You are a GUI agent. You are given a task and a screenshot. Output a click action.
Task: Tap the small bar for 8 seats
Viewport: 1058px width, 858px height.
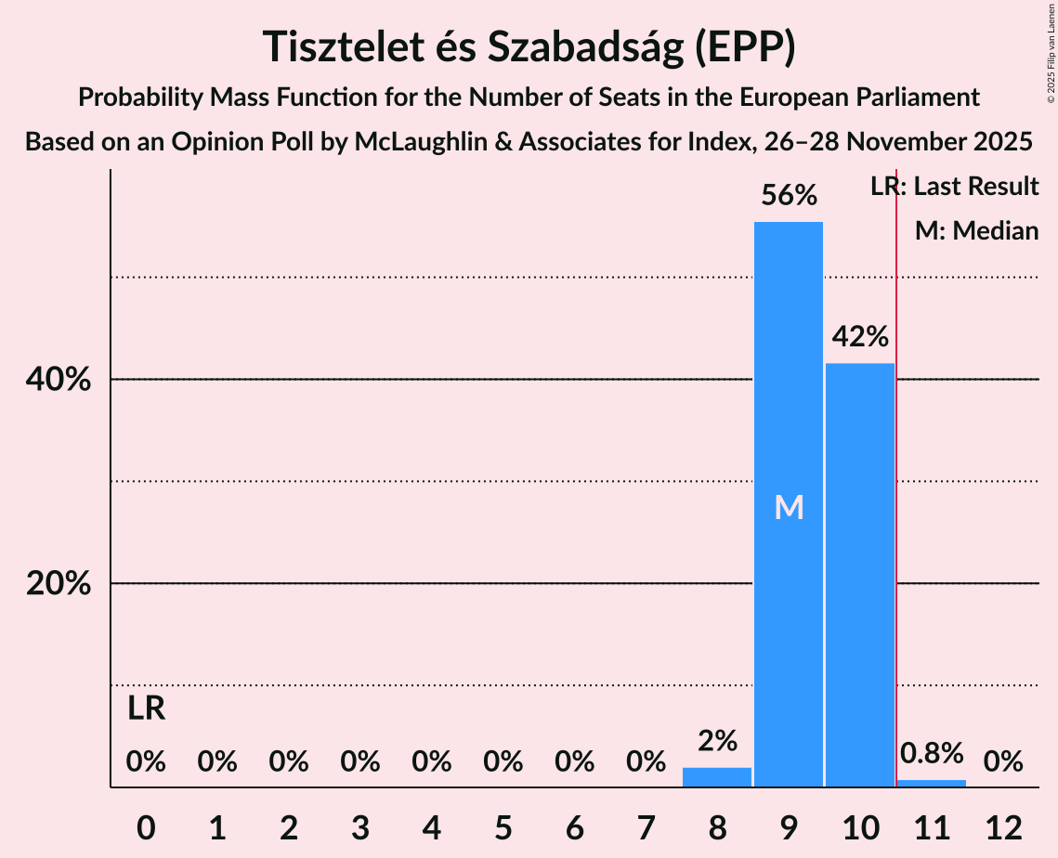pyautogui.click(x=716, y=777)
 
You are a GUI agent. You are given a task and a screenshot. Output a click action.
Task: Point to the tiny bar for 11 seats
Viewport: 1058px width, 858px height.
pyautogui.click(x=931, y=784)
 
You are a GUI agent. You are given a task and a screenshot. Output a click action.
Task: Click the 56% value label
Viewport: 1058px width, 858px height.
pyautogui.click(x=788, y=196)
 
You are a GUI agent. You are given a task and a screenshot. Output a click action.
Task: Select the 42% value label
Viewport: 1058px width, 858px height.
pyautogui.click(x=859, y=336)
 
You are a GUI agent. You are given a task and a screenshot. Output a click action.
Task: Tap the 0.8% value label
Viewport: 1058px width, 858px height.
pyautogui.click(x=931, y=753)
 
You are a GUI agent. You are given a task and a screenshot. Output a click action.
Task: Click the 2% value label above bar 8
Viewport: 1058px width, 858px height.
pyautogui.click(x=717, y=741)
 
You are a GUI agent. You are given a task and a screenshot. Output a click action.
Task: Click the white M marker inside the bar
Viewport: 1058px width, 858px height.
pyautogui.click(x=789, y=507)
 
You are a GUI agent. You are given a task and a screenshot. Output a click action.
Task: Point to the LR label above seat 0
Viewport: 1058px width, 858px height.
pyautogui.click(x=146, y=709)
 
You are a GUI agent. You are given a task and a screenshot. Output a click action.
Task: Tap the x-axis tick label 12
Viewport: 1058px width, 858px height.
pyautogui.click(x=1003, y=827)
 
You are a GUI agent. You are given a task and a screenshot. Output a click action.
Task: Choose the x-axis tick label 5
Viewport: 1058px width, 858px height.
pyautogui.click(x=503, y=827)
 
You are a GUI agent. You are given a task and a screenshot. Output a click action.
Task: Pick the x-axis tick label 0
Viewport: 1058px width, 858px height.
pyautogui.click(x=146, y=827)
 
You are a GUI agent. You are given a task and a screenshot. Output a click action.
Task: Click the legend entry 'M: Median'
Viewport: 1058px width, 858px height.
pyautogui.click(x=976, y=230)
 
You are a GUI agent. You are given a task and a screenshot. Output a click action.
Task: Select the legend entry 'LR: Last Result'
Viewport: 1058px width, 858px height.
pyautogui.click(x=954, y=187)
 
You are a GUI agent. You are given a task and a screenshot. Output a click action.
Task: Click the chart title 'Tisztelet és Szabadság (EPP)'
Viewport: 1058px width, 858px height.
pyautogui.click(x=529, y=46)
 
